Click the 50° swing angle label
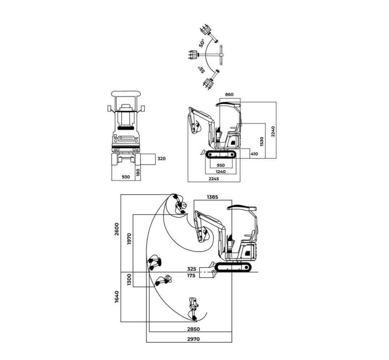202,43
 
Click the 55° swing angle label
201,70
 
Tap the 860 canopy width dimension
229,94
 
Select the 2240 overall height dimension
273,131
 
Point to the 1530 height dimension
262,142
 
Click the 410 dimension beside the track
254,154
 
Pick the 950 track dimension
221,165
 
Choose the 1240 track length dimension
221,171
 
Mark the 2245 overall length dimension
213,179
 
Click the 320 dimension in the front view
161,158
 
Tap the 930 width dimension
126,177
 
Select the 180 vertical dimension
138,172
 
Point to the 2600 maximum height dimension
117,229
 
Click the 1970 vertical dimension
129,239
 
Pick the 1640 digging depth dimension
117,297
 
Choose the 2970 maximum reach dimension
193,339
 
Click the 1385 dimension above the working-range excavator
212,197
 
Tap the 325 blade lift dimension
192,269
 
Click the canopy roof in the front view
126,94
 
